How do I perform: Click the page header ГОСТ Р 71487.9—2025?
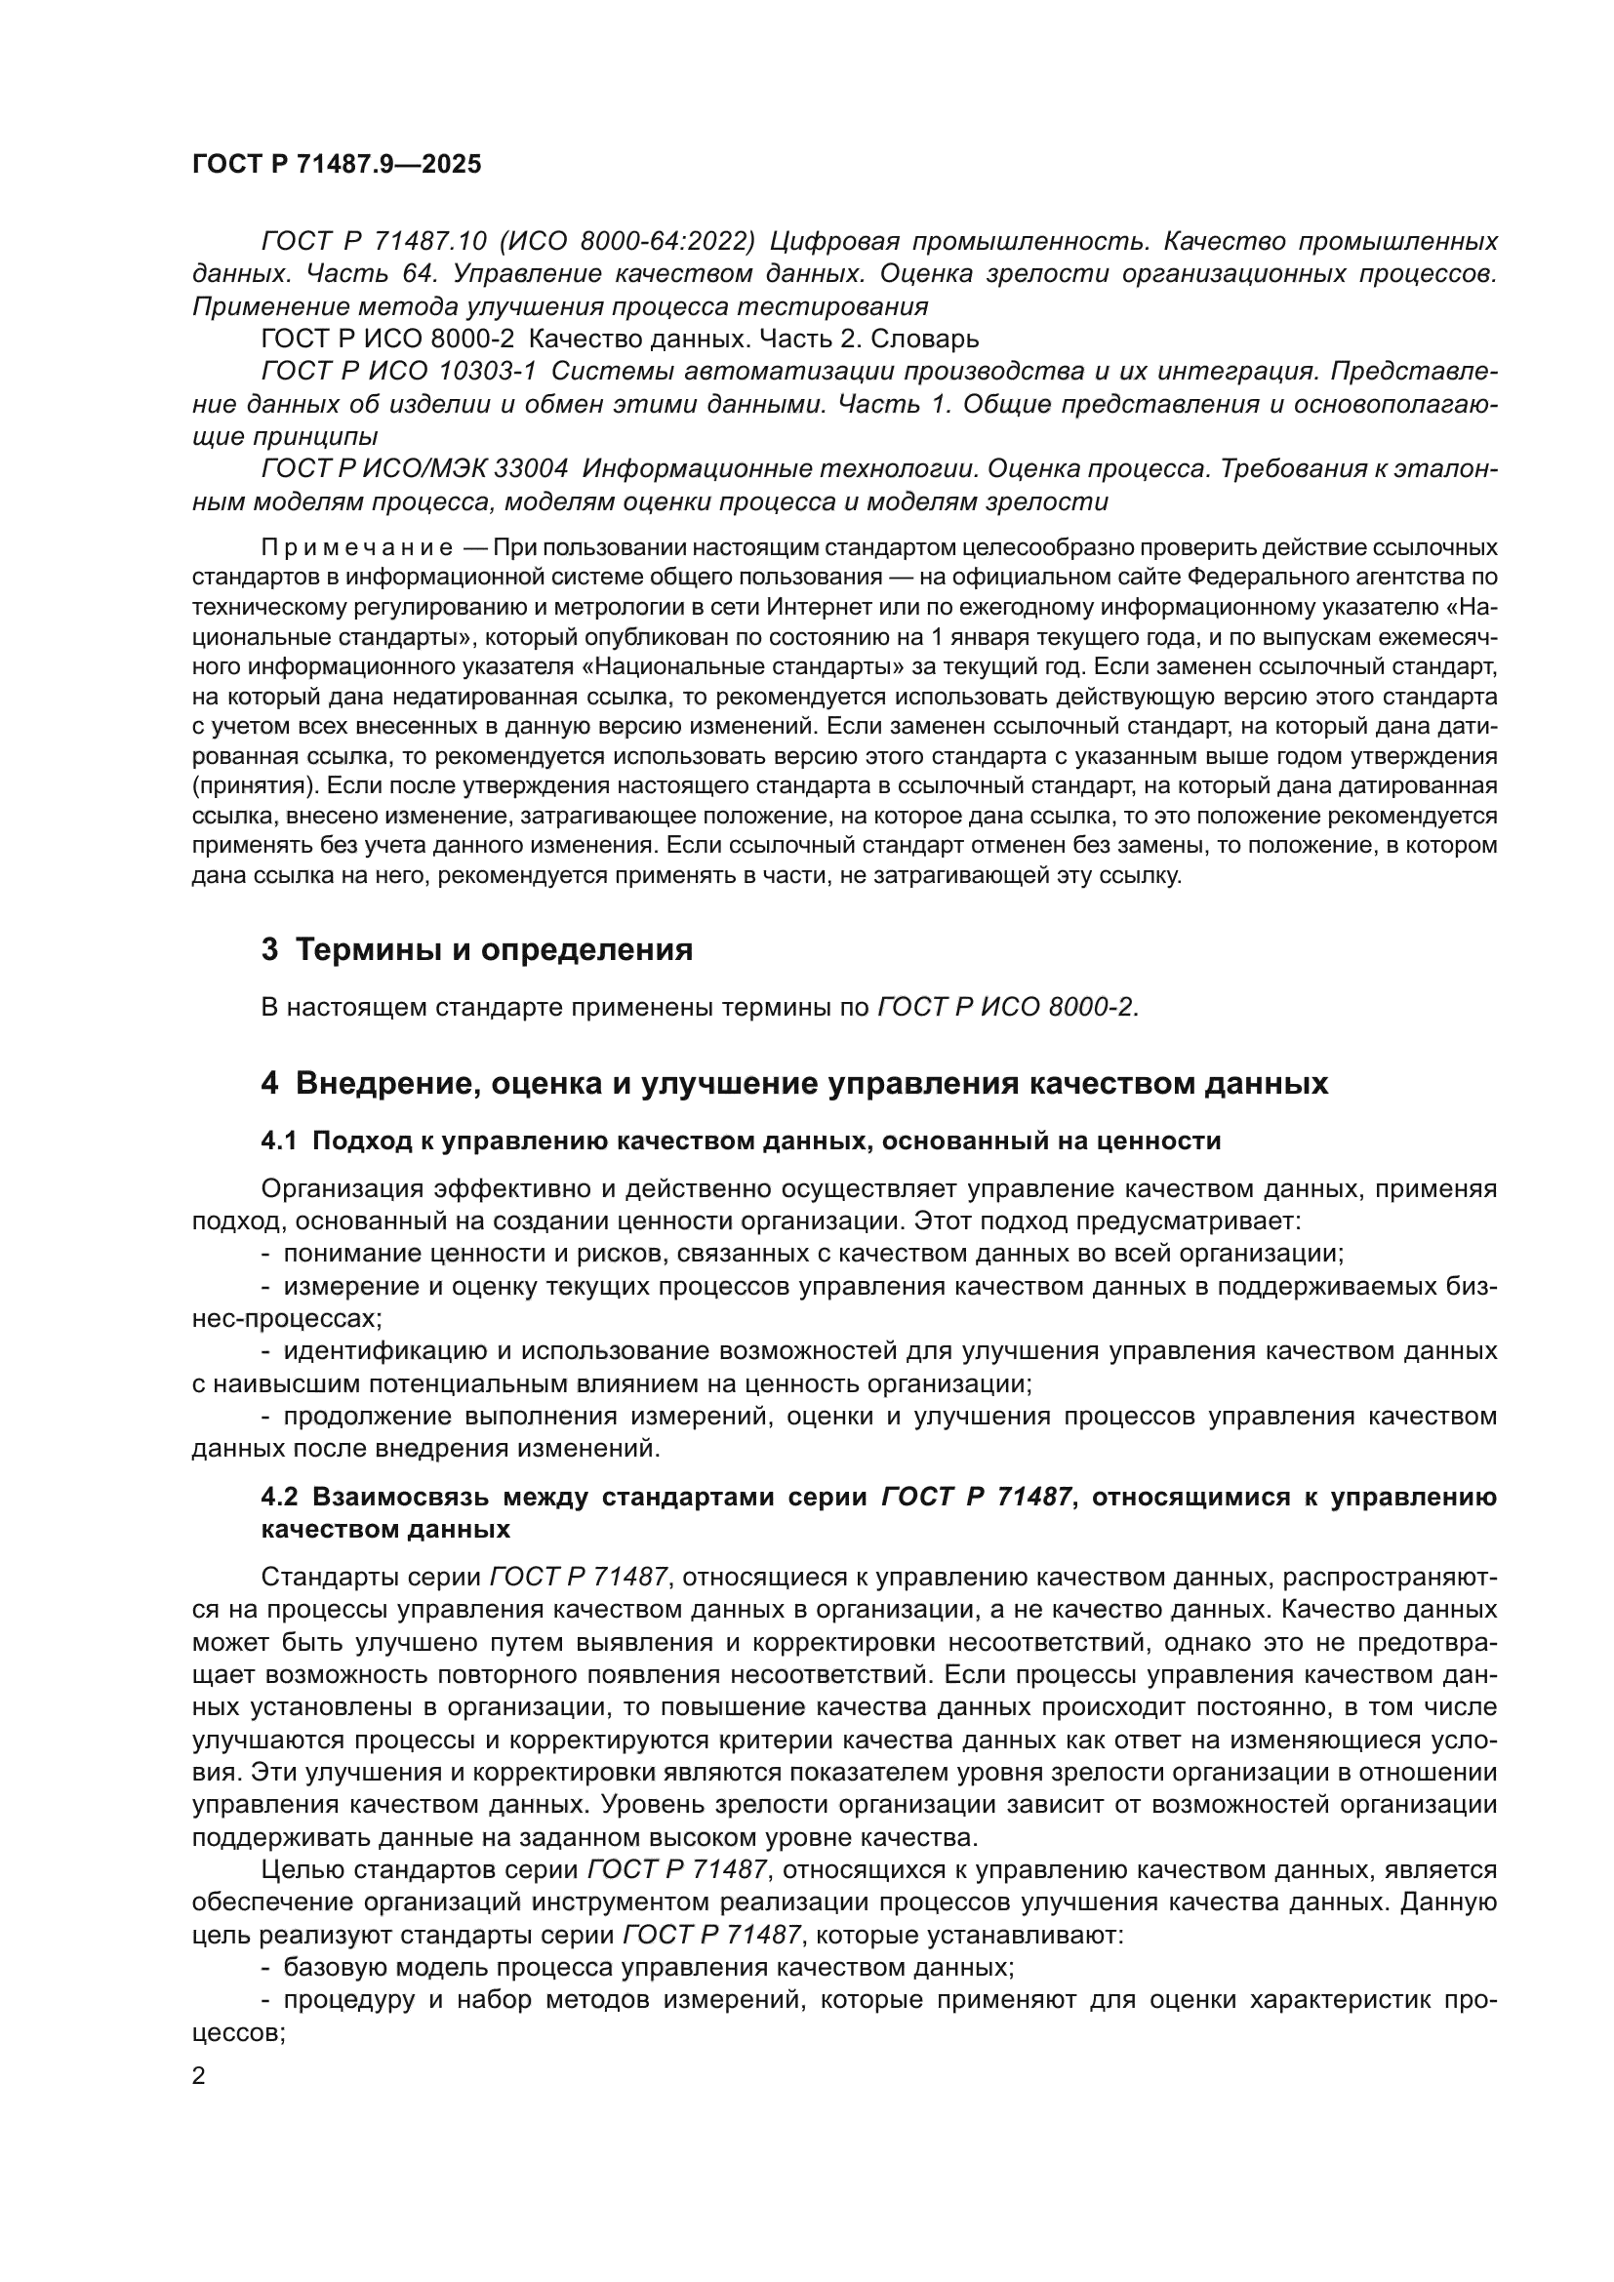click(x=337, y=165)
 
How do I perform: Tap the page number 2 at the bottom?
click(x=199, y=2076)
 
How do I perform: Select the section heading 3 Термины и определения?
click(x=477, y=950)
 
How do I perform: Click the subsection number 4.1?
click(x=279, y=1141)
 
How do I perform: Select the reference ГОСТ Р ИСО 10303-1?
click(x=397, y=372)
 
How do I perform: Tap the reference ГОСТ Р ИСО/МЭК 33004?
click(x=415, y=469)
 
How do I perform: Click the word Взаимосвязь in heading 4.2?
click(x=400, y=1497)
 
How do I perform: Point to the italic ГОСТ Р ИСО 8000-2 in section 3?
click(x=1006, y=1008)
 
